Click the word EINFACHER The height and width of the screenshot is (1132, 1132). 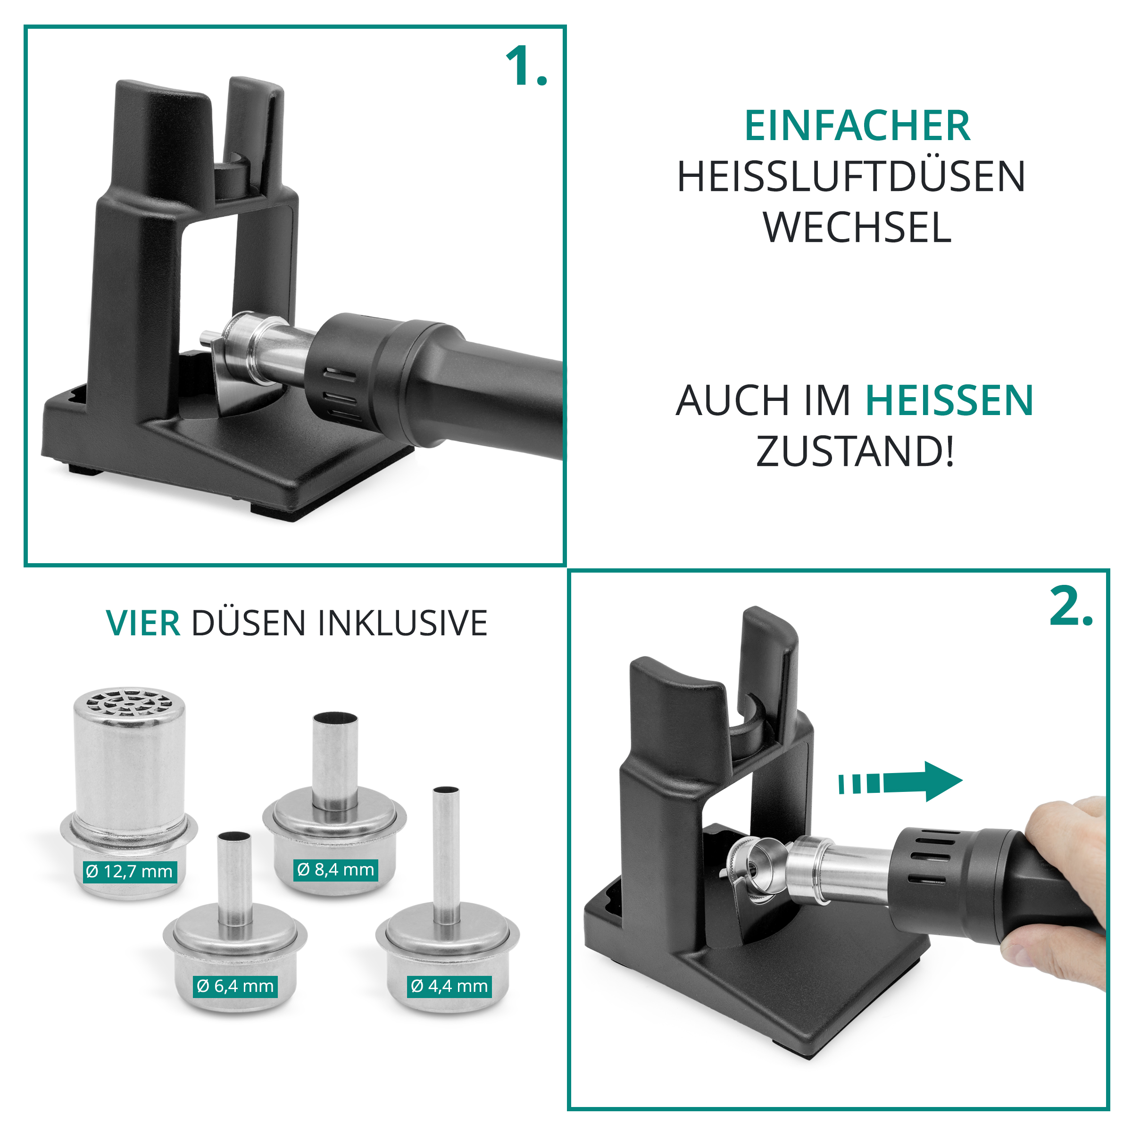857,126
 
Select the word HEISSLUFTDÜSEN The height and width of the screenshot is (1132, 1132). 851,176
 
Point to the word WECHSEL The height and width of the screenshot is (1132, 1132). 857,227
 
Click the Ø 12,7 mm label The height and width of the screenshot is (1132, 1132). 129,871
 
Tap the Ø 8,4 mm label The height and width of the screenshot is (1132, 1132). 335,869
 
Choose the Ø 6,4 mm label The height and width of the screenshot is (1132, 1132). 235,986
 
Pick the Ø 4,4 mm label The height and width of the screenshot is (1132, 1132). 449,986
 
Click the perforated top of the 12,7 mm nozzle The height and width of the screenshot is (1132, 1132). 130,702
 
